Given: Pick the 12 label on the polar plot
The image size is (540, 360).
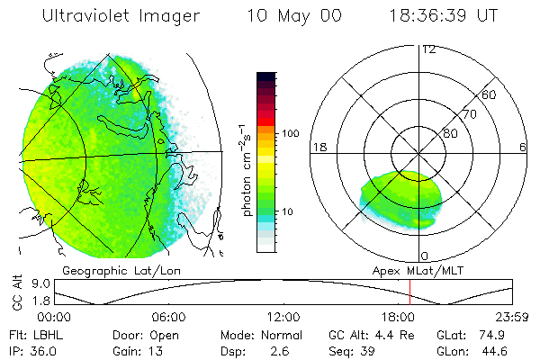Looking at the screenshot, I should pyautogui.click(x=428, y=49).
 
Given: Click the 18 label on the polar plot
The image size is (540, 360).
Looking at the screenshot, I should pyautogui.click(x=319, y=147).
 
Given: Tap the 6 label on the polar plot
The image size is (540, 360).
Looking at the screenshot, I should pyautogui.click(x=522, y=147).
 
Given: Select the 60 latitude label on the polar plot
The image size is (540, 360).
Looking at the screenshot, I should pyautogui.click(x=490, y=94).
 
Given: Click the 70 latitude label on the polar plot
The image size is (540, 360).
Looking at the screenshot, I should pyautogui.click(x=469, y=114).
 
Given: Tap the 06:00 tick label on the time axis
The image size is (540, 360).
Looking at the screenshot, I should pyautogui.click(x=168, y=317).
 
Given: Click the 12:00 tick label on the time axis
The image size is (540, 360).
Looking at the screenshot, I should pyautogui.click(x=283, y=317).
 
